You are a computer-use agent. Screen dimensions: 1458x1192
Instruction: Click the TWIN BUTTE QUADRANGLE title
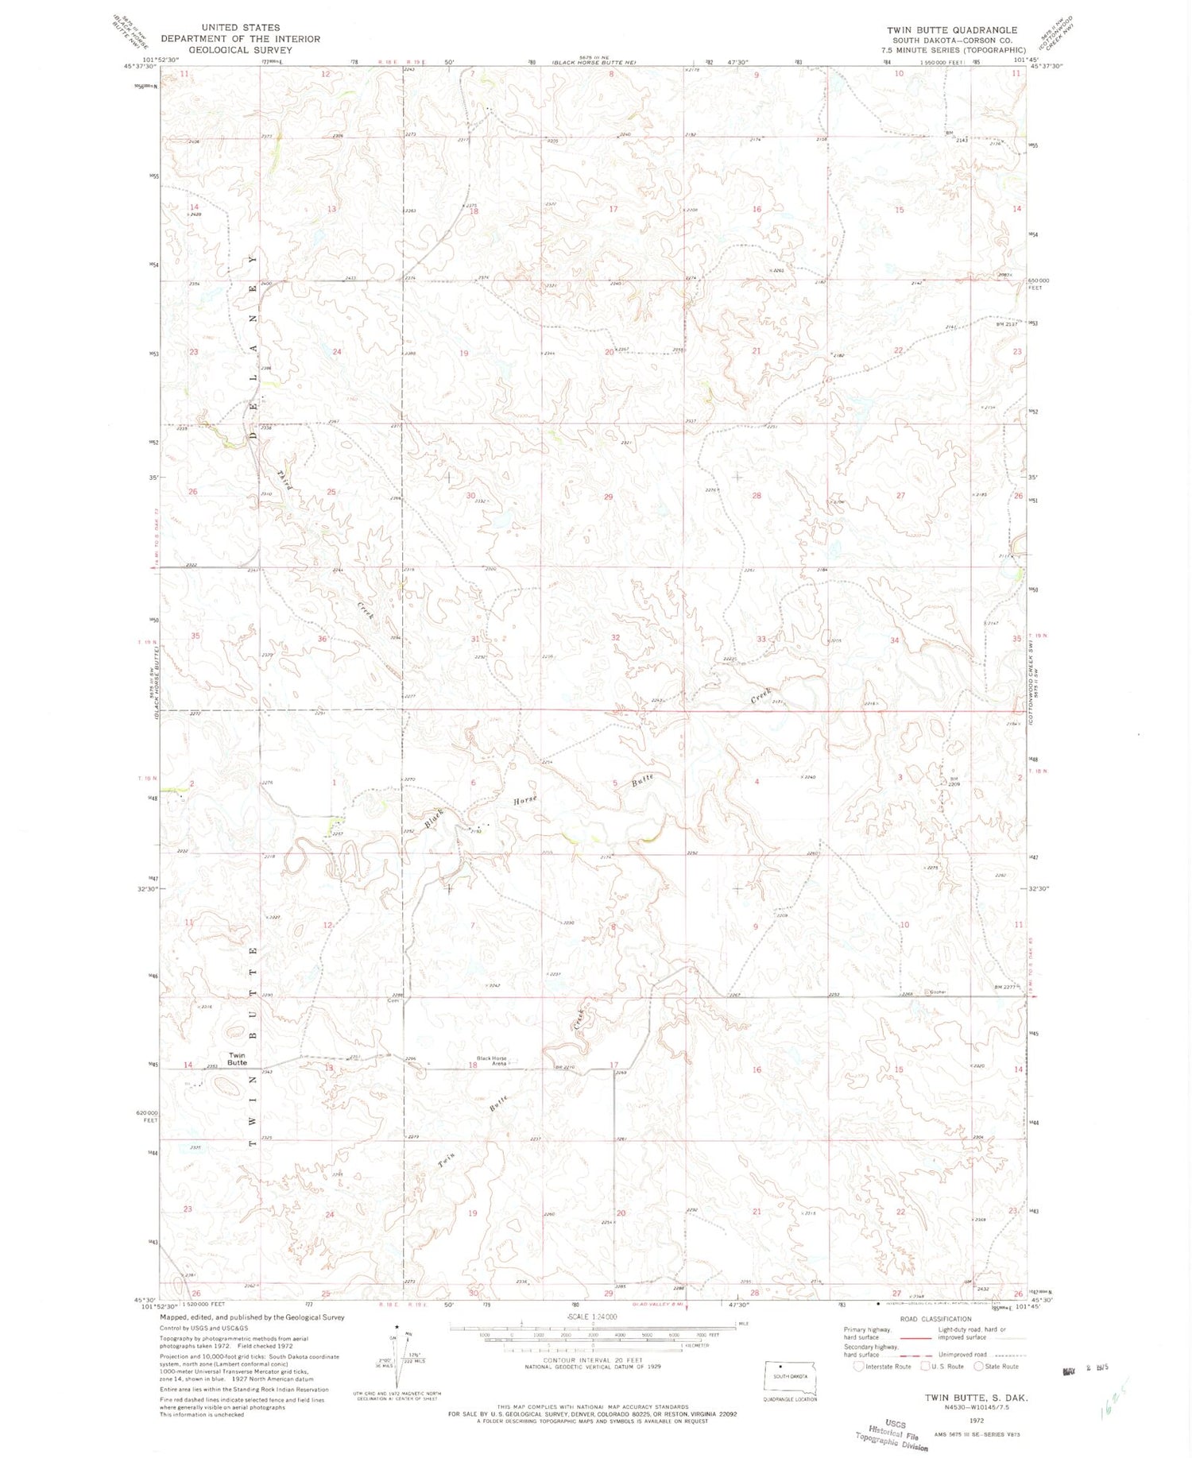[x=952, y=30]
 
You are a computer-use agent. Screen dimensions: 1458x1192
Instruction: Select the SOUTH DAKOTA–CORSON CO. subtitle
[x=952, y=40]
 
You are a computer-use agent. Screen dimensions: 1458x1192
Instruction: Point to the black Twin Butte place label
[x=237, y=1058]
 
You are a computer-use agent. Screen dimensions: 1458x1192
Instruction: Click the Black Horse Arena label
[x=491, y=1060]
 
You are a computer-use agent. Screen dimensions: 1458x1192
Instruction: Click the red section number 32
[x=615, y=637]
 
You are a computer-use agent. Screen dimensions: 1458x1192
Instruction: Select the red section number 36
[x=322, y=638]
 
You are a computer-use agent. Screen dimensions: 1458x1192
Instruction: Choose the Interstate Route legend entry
[x=882, y=1367]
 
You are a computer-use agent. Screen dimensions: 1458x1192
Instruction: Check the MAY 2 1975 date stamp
[x=1083, y=1371]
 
